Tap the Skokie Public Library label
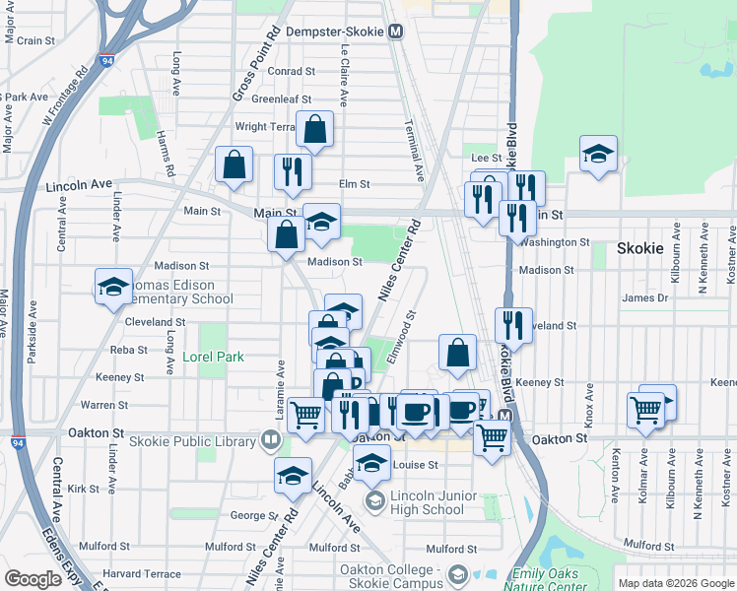[x=204, y=441]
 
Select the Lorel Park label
[x=213, y=358]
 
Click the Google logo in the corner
[x=33, y=578]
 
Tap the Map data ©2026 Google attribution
[x=677, y=583]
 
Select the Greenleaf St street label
[x=281, y=99]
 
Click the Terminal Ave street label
[x=413, y=151]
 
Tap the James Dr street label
[x=645, y=297]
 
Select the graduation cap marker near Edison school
[x=114, y=287]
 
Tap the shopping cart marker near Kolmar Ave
[x=646, y=409]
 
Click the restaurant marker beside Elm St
[x=293, y=172]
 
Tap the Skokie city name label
[x=640, y=248]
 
